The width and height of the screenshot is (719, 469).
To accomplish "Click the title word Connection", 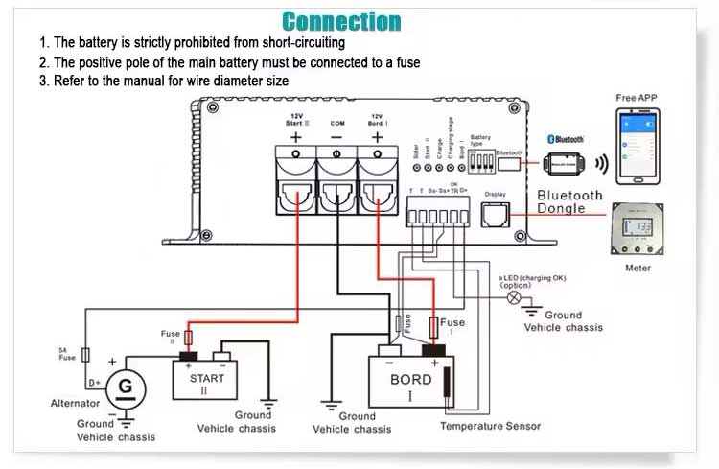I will point(341,21).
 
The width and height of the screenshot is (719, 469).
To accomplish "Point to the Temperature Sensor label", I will point(490,426).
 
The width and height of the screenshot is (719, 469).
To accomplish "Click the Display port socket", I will point(495,218).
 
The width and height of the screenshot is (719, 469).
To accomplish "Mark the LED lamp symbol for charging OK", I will point(513,298).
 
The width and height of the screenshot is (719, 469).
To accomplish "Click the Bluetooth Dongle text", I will point(569,201).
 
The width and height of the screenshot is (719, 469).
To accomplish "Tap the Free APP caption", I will point(637,98).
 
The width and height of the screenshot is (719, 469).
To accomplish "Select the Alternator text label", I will point(75,404).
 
